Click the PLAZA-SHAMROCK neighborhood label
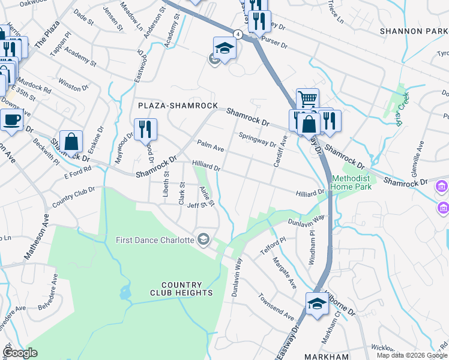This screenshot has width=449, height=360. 178,106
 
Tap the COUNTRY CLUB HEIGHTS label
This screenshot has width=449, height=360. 187,289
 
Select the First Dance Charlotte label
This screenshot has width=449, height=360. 155,240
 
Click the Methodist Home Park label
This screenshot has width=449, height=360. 352,182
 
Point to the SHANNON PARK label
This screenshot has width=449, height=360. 414,31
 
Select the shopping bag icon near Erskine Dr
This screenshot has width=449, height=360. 71,142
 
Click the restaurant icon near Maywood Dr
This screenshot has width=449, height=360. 145,129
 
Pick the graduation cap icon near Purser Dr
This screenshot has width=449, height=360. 224,48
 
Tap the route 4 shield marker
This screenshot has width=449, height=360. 239,34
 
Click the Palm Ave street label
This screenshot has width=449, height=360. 210,145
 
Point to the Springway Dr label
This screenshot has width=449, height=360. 257,140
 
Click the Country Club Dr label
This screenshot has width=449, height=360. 73,196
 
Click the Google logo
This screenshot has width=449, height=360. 20,353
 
